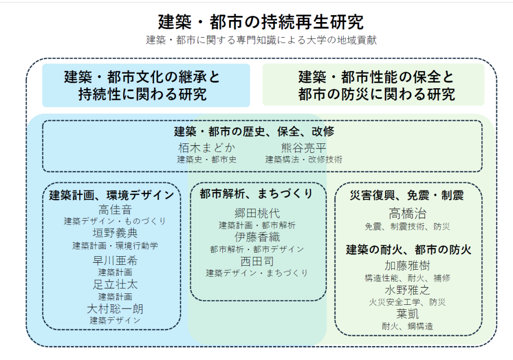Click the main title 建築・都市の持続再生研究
tap(261, 22)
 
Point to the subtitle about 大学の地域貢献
tap(261, 41)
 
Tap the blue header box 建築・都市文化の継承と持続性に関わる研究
tap(146, 85)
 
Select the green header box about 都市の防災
tap(373, 85)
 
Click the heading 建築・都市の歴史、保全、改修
tap(254, 132)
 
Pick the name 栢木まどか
tap(207, 148)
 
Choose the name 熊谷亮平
tap(304, 148)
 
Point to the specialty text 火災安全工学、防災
tap(407, 302)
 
